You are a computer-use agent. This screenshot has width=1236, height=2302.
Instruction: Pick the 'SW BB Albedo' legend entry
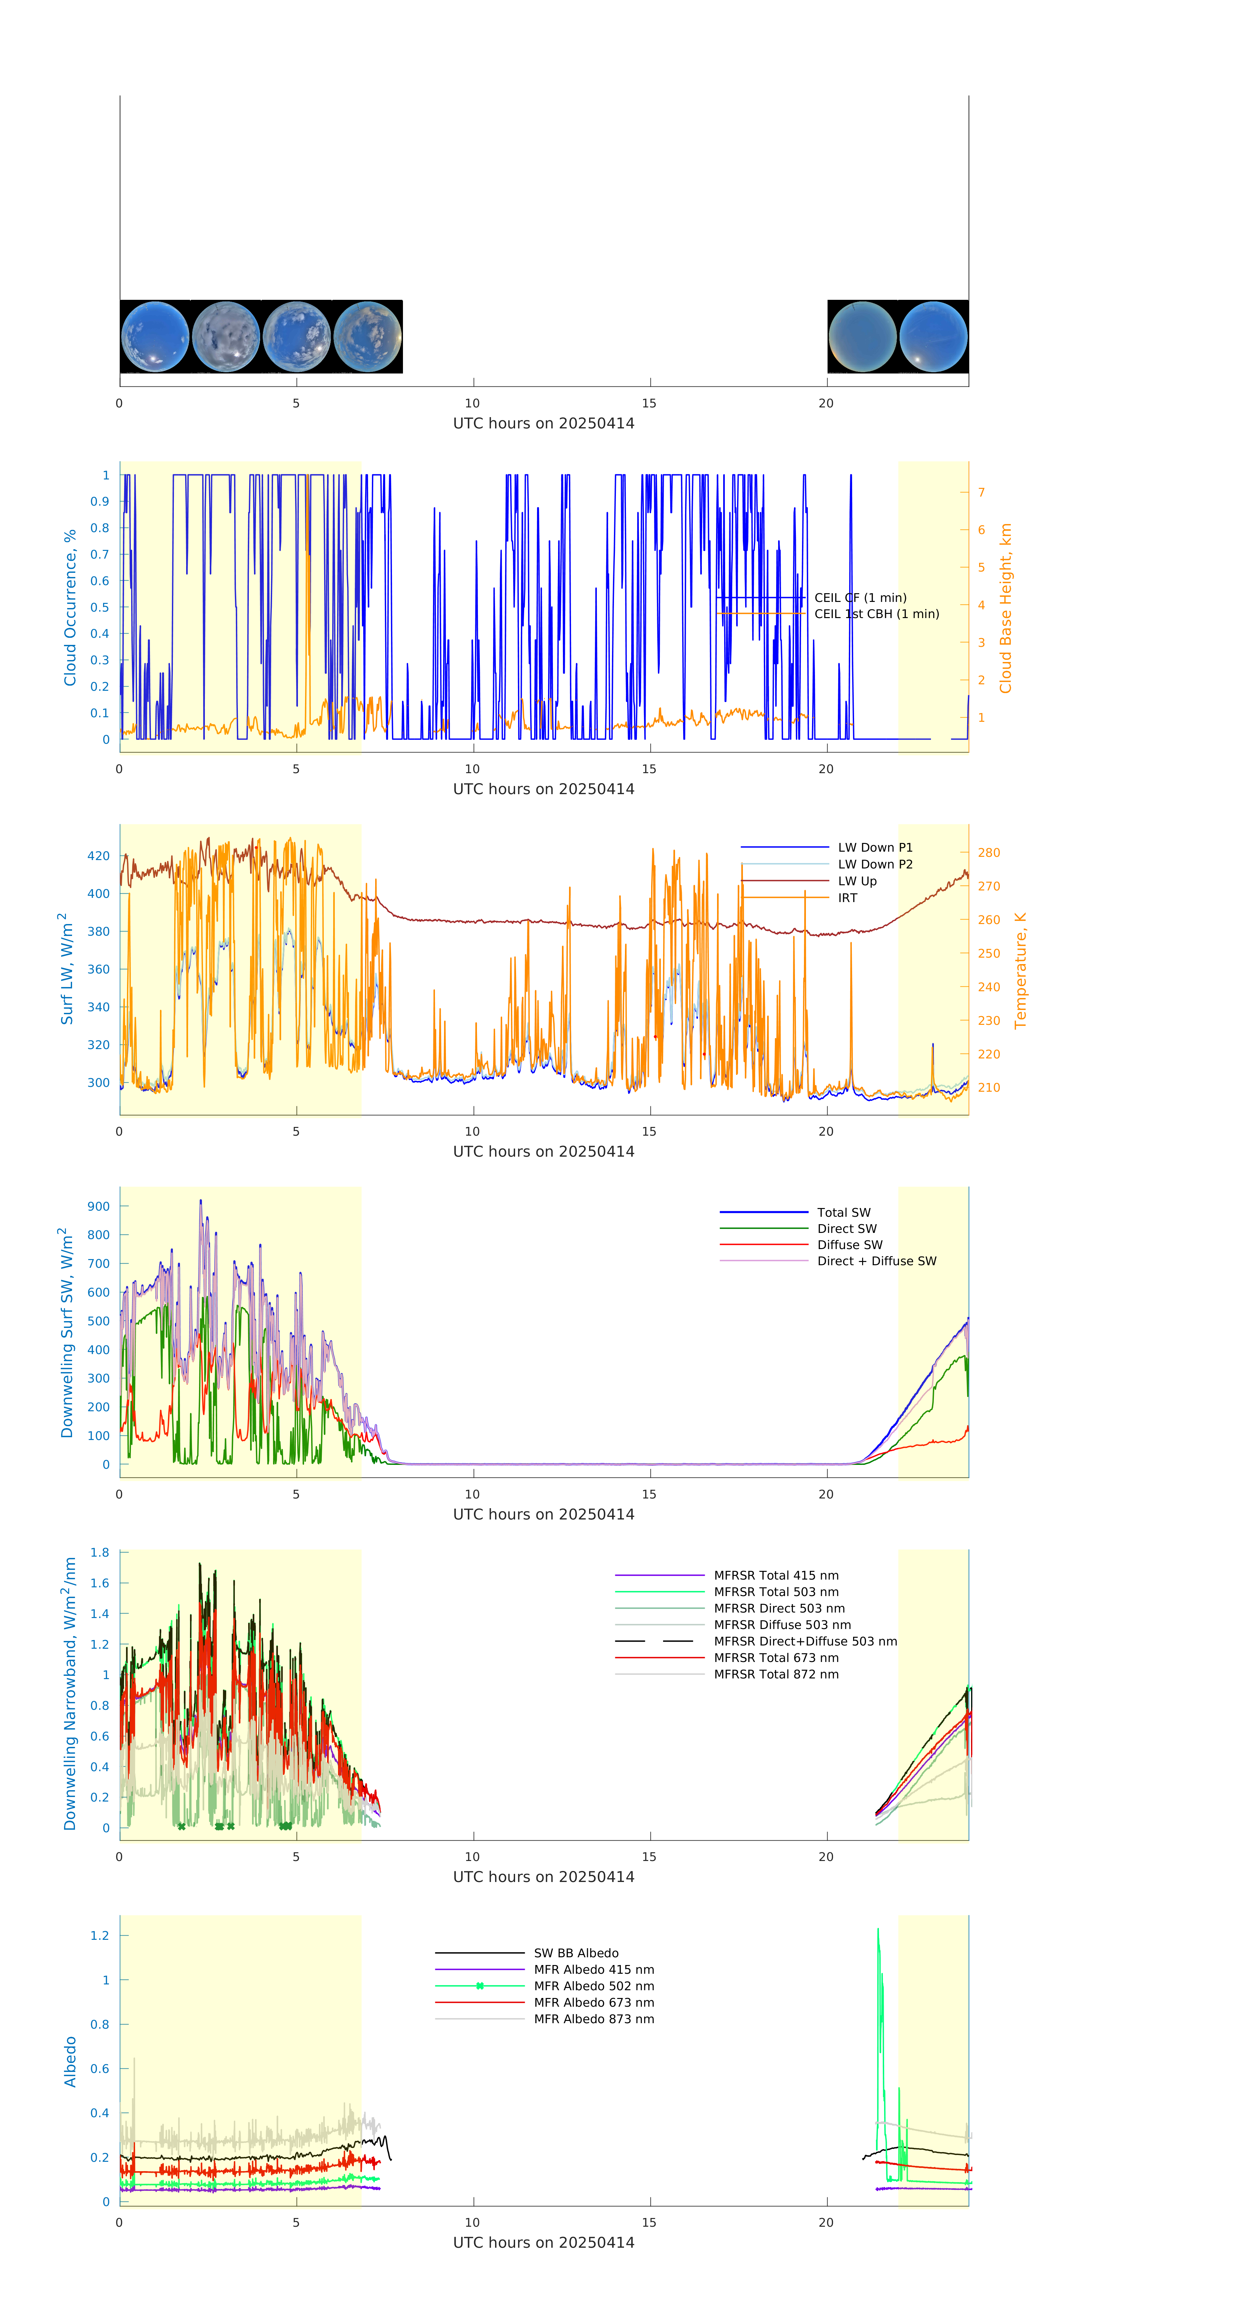pyautogui.click(x=576, y=1953)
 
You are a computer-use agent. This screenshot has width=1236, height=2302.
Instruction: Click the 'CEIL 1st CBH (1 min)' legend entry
pyautogui.click(x=876, y=614)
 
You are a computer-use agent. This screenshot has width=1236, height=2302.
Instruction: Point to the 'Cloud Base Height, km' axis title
pyautogui.click(x=1005, y=608)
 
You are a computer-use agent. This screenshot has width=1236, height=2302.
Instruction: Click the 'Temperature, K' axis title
pyautogui.click(x=1020, y=971)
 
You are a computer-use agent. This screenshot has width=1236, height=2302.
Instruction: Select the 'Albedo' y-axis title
pyautogui.click(x=70, y=2061)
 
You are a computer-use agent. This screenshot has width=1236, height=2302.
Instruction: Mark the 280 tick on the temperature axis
pyautogui.click(x=988, y=853)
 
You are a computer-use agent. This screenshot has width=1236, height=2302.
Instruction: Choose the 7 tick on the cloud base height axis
pyautogui.click(x=981, y=492)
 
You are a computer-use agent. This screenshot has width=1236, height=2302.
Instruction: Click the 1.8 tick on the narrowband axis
pyautogui.click(x=99, y=1552)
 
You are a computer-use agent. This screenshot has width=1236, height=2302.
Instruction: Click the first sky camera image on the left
pyautogui.click(x=154, y=337)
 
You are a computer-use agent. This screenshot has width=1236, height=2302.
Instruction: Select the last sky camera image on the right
pyautogui.click(x=933, y=337)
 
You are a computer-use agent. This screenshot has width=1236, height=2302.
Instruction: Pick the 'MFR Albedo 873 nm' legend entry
pyautogui.click(x=593, y=2019)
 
